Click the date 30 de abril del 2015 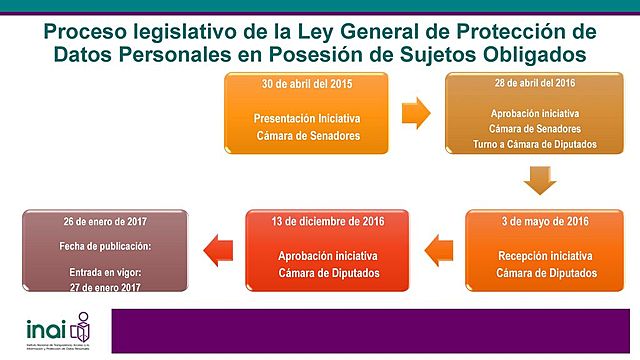coord(306,83)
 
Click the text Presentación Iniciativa coord(306,117)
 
